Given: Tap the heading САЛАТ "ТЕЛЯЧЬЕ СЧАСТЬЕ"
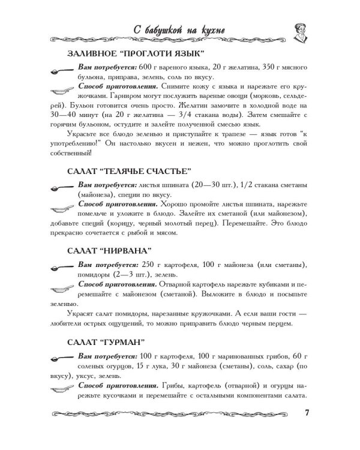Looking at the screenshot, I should [130, 171].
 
